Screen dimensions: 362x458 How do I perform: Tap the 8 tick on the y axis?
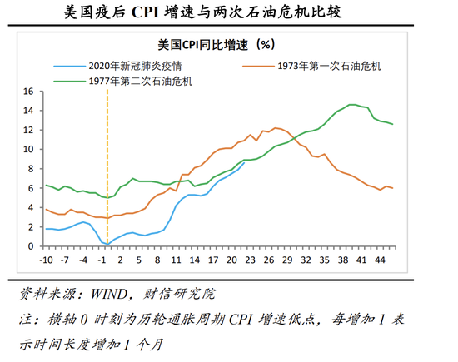(x=30, y=169)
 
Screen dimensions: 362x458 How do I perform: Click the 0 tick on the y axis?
(x=30, y=246)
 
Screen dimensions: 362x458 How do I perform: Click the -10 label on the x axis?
(x=47, y=260)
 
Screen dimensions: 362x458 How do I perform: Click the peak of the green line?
(x=352, y=105)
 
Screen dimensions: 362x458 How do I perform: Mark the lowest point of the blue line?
(x=107, y=244)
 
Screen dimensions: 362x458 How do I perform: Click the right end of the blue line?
(x=245, y=162)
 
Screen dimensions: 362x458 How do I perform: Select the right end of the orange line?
(x=393, y=188)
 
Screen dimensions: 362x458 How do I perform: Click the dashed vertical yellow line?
(x=107, y=166)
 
